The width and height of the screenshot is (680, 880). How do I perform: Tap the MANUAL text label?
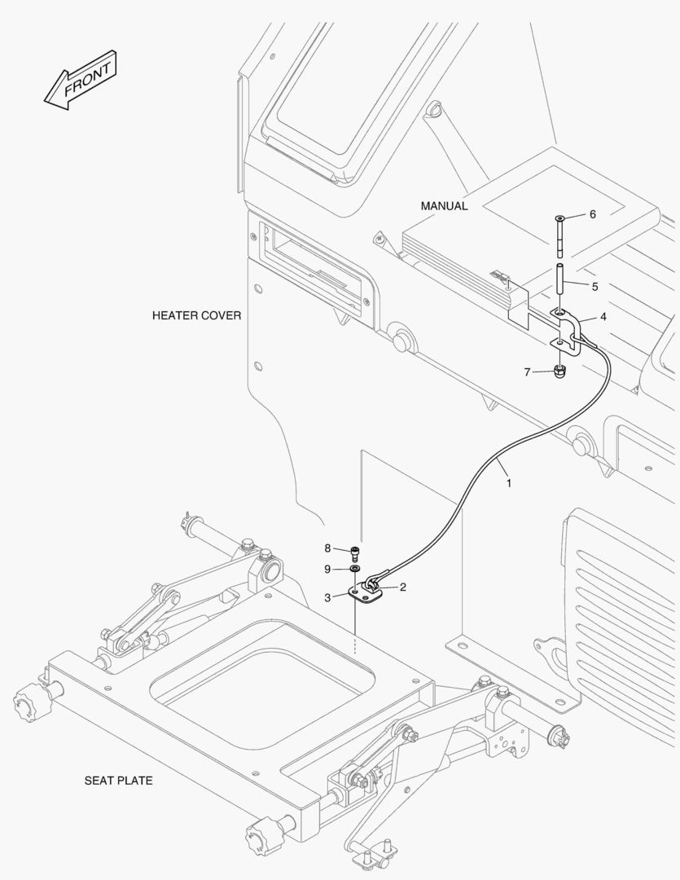pyautogui.click(x=444, y=206)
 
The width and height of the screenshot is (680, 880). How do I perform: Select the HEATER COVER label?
pyautogui.click(x=196, y=315)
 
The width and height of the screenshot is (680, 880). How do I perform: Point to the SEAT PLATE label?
pyautogui.click(x=118, y=781)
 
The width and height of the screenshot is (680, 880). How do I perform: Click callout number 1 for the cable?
pyautogui.click(x=509, y=482)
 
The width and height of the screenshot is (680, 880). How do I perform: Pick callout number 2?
pyautogui.click(x=404, y=587)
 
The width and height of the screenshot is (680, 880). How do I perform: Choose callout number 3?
pyautogui.click(x=327, y=597)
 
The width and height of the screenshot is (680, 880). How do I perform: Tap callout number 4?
pyautogui.click(x=603, y=315)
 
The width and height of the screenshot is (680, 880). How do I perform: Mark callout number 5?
pyautogui.click(x=594, y=287)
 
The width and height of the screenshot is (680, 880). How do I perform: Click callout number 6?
pyautogui.click(x=592, y=214)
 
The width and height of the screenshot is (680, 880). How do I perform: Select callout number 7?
pyautogui.click(x=527, y=372)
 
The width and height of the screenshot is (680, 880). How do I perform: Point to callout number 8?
pyautogui.click(x=327, y=548)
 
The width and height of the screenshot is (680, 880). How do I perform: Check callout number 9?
pyautogui.click(x=327, y=568)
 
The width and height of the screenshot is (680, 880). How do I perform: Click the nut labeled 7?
pyautogui.click(x=559, y=372)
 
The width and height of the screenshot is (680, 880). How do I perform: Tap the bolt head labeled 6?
pyautogui.click(x=559, y=219)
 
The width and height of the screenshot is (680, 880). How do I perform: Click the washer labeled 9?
pyautogui.click(x=356, y=568)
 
